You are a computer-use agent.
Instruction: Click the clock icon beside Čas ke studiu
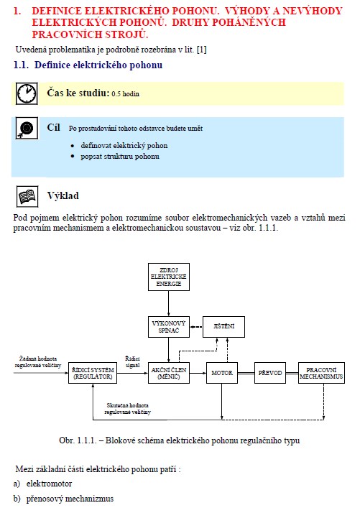point(27,93)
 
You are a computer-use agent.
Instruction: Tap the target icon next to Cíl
point(27,129)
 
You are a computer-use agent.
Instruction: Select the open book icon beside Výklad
point(27,196)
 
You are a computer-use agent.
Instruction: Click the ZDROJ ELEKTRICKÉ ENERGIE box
point(168,277)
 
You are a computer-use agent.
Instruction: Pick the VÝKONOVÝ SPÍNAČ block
point(168,327)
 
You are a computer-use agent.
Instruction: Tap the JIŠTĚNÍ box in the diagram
point(223,326)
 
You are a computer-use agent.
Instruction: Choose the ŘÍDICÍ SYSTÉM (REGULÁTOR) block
point(93,373)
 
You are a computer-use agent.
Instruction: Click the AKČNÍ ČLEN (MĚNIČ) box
point(168,373)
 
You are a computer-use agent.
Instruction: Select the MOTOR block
point(222,373)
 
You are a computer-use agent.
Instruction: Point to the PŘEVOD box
point(270,373)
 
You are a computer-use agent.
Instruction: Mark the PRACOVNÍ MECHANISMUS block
point(321,373)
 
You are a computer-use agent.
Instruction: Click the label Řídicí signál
point(132,362)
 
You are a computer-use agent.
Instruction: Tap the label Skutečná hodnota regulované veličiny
point(127,409)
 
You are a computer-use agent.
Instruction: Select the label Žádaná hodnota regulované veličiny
point(38,362)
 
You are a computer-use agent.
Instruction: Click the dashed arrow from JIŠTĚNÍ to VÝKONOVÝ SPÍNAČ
point(196,327)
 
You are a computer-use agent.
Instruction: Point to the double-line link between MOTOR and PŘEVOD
point(246,373)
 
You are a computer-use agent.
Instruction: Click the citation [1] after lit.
point(201,50)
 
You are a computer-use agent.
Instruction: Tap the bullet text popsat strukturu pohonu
point(120,157)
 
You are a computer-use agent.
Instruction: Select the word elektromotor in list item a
point(50,484)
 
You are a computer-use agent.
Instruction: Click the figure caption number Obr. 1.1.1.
point(78,440)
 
